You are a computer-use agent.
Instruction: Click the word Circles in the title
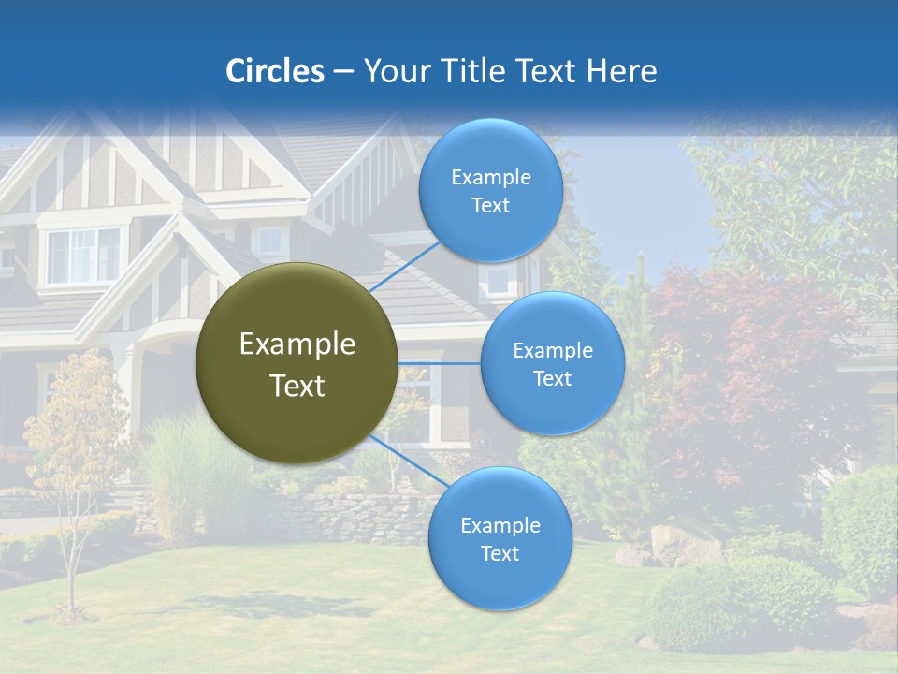coord(275,71)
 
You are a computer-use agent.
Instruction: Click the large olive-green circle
coord(297,363)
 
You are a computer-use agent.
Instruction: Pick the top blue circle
coord(490,190)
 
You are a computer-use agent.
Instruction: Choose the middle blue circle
coord(553,363)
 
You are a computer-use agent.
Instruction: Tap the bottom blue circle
coord(500,538)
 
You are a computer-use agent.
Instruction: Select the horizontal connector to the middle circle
coord(439,363)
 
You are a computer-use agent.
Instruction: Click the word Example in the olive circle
coord(297,344)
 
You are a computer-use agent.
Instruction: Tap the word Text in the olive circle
coord(297,386)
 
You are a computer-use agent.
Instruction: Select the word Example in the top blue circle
coord(490,177)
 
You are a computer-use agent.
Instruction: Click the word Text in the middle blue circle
coord(553,378)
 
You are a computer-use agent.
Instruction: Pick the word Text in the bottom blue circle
coord(500,553)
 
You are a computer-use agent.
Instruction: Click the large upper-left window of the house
coord(84,255)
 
